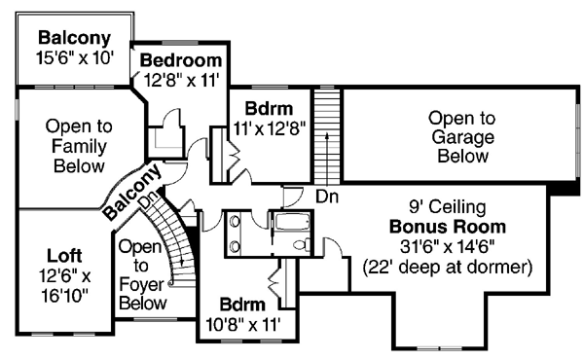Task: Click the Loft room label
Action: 64,256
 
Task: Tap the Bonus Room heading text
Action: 448,227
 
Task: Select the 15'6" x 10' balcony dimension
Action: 75,58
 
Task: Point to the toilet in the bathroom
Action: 302,244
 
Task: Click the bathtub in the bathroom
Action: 292,222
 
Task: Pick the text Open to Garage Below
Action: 462,137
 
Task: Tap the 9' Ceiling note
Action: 448,207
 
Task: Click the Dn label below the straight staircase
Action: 327,197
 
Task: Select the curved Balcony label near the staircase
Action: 133,192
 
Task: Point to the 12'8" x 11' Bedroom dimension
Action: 181,79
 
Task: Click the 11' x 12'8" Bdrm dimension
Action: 270,128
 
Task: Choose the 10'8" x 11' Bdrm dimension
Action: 242,325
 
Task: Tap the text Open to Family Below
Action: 79,146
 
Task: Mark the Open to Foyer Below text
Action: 142,274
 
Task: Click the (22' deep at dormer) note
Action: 448,268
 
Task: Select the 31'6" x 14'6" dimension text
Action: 448,246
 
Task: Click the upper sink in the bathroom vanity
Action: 235,221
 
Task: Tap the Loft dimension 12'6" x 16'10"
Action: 64,286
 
